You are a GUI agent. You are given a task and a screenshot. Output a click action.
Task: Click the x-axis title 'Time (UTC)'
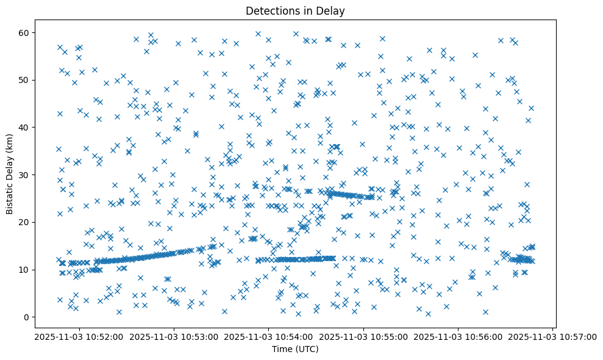tap(295, 350)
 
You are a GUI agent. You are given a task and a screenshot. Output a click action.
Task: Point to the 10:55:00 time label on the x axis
tap(363, 337)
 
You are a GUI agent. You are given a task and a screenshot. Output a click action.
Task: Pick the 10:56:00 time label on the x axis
tap(458, 337)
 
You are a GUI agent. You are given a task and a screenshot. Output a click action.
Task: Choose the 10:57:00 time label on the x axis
tap(553, 337)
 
